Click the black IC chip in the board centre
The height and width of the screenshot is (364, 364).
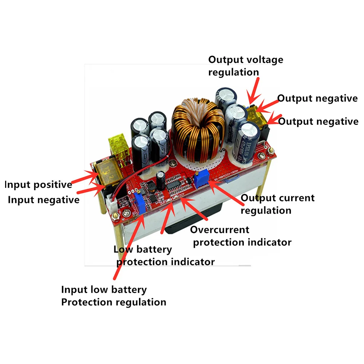tap(178, 186)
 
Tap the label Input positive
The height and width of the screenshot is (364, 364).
tap(38, 185)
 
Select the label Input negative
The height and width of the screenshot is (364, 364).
tap(43, 200)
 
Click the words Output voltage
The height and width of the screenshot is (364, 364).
tap(245, 60)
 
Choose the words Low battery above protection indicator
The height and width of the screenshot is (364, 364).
tap(142, 249)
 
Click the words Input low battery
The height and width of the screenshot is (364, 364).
tap(104, 290)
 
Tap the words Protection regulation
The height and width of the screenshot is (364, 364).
tap(114, 302)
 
